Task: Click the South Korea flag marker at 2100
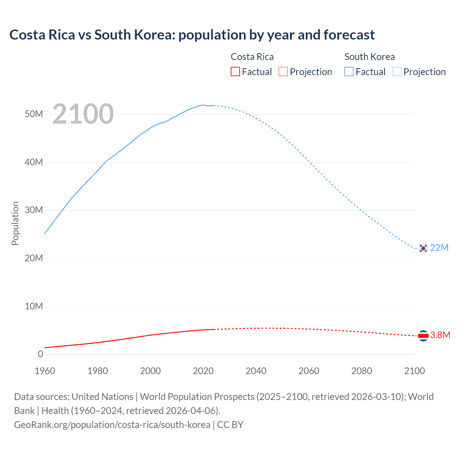423,248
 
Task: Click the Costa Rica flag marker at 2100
423,335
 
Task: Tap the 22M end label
439,248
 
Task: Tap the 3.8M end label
440,335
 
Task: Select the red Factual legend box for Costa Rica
235,72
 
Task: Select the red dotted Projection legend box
283,72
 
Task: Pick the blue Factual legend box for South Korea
349,72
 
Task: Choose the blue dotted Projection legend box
397,72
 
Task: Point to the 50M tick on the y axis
34,114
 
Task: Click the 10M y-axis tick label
34,306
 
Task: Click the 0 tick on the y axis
40,354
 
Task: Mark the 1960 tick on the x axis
45,371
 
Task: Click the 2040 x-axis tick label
256,371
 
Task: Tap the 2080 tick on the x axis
362,371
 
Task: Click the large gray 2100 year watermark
83,114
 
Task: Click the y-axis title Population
15,223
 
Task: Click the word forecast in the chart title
349,35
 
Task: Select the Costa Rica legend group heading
252,57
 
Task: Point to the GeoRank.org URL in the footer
112,425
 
